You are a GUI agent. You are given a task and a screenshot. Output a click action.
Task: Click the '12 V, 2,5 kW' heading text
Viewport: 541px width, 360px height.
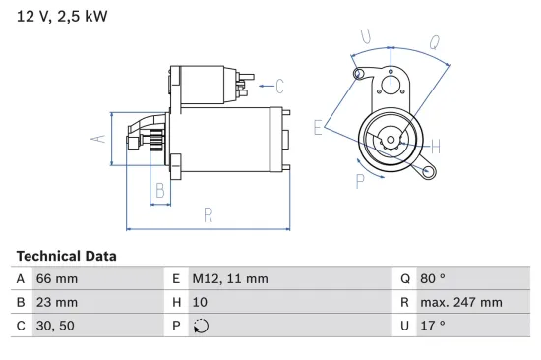pyautogui.click(x=61, y=17)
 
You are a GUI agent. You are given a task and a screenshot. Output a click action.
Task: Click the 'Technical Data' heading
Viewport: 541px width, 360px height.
pyautogui.click(x=66, y=256)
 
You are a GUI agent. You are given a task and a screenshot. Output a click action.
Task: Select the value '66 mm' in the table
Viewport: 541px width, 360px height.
pyautogui.click(x=56, y=279)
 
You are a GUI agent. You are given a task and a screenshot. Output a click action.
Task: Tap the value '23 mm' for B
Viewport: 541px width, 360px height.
pyautogui.click(x=56, y=303)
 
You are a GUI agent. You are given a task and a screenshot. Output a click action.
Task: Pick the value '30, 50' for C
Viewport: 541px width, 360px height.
pyautogui.click(x=55, y=326)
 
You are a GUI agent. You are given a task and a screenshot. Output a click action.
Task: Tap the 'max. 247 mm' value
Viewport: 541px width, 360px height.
pyautogui.click(x=462, y=303)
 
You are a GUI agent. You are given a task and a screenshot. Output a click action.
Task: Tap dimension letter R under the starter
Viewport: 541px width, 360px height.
pyautogui.click(x=209, y=214)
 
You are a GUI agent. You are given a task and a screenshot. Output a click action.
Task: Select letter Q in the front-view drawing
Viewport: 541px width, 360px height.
pyautogui.click(x=434, y=42)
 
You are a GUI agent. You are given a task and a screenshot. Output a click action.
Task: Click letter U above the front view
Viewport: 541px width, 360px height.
pyautogui.click(x=366, y=38)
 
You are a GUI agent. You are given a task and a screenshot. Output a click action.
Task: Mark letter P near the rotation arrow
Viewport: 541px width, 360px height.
pyautogui.click(x=360, y=180)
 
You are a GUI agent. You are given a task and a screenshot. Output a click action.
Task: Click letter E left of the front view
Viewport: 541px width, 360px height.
pyautogui.click(x=318, y=127)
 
